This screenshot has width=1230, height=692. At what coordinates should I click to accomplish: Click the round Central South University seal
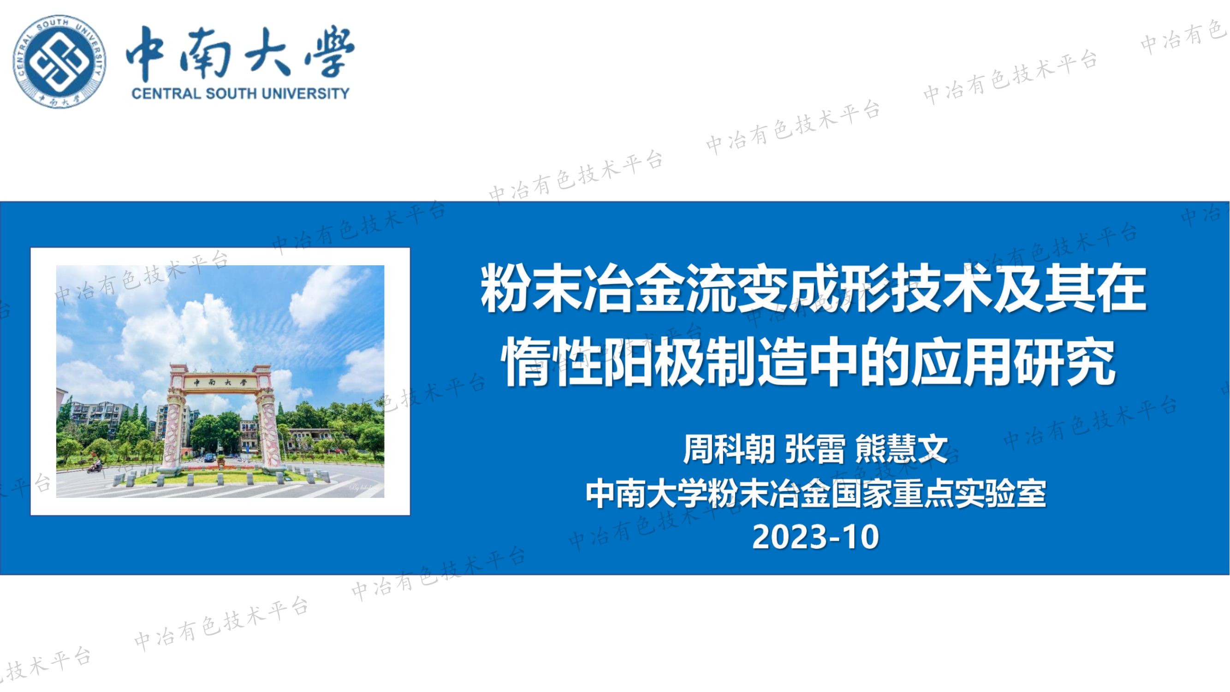tap(59, 61)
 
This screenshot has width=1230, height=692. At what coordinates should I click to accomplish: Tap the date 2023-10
tap(815, 537)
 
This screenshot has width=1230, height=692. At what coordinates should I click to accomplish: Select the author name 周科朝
tap(729, 449)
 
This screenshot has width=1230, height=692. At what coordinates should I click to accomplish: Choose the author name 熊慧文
tap(902, 449)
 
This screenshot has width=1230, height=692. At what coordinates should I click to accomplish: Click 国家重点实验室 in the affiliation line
tap(938, 494)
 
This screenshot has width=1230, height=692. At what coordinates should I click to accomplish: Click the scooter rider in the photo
tap(95, 465)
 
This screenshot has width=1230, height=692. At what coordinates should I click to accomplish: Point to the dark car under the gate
tap(209, 458)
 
